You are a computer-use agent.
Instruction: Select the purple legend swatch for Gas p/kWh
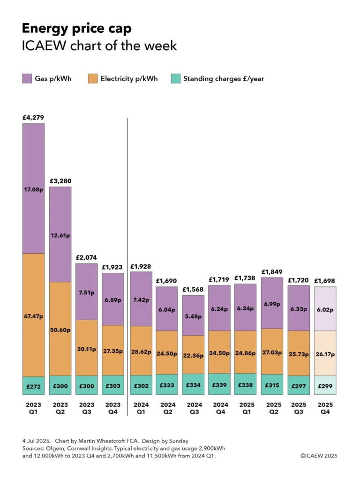click(27, 79)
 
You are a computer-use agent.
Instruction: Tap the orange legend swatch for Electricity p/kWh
click(93, 79)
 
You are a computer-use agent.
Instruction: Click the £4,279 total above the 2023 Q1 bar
click(33, 118)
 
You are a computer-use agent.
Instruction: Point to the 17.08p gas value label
click(33, 190)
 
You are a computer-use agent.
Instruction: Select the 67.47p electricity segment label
click(33, 316)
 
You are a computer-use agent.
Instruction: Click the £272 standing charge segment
click(33, 386)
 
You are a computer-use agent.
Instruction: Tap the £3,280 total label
click(60, 181)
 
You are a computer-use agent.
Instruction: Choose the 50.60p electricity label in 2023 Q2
click(60, 330)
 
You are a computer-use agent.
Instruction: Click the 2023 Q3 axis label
click(87, 408)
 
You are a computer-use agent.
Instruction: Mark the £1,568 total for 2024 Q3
click(194, 289)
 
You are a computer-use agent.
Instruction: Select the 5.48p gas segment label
click(194, 315)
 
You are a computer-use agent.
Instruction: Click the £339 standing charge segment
click(220, 386)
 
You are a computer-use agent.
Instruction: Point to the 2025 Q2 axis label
click(272, 408)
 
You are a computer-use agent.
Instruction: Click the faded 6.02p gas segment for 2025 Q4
click(325, 309)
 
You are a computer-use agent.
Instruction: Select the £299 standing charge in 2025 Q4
click(325, 386)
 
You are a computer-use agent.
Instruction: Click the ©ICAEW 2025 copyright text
click(318, 456)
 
